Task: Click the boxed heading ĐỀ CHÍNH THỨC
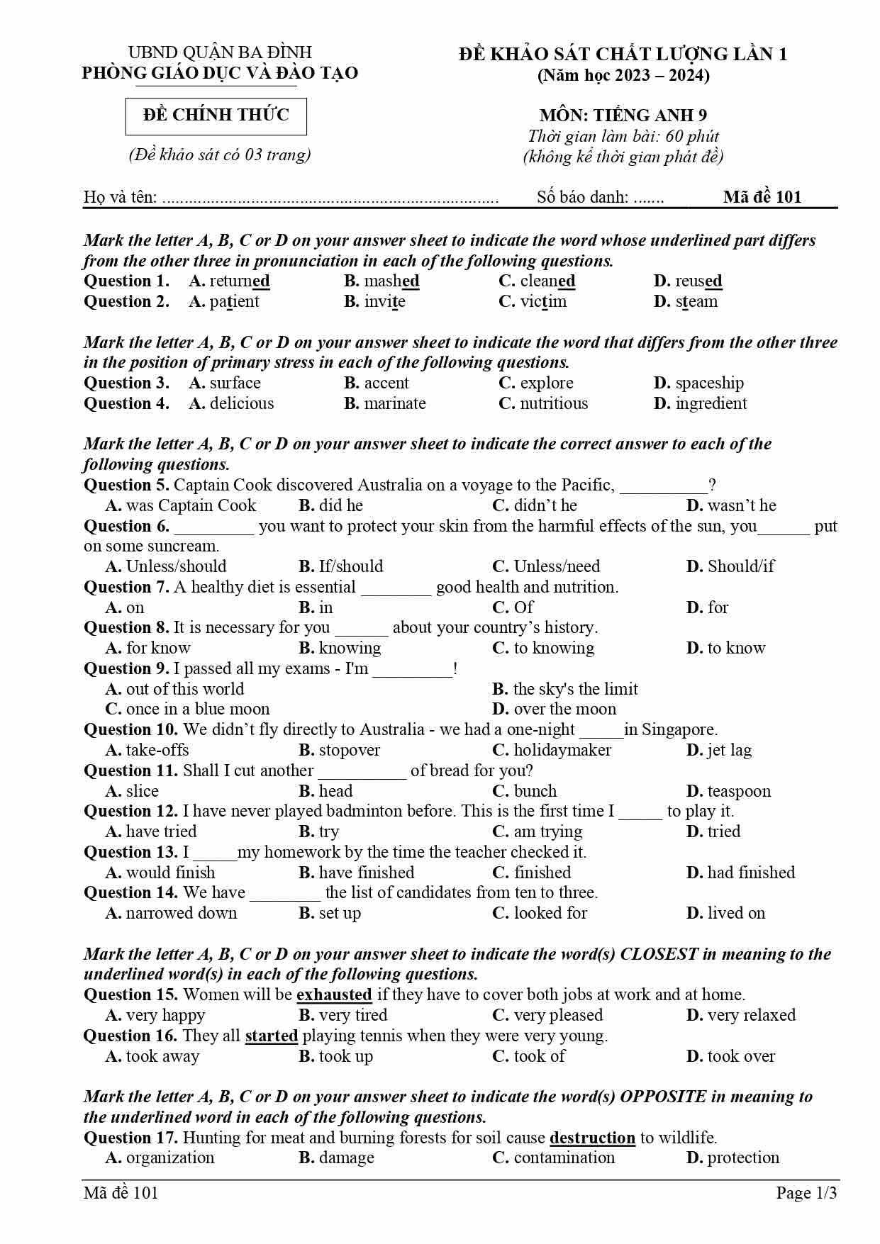[x=216, y=116]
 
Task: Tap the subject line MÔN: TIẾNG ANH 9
[x=623, y=116]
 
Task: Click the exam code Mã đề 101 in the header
[x=762, y=197]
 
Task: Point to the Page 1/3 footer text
[x=806, y=1193]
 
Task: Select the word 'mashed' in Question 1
[x=391, y=281]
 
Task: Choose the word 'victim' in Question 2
[x=543, y=302]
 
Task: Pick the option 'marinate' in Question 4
[x=394, y=404]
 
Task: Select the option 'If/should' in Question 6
[x=350, y=566]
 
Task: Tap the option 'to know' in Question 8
[x=736, y=648]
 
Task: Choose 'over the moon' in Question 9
[x=564, y=709]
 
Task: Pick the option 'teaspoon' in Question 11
[x=738, y=791]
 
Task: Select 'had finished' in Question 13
[x=751, y=873]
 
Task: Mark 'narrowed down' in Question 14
[x=181, y=913]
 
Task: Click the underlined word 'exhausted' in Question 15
[x=334, y=994]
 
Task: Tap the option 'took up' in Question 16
[x=345, y=1056]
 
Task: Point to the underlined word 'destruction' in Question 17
[x=592, y=1138]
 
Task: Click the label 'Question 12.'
[x=130, y=811]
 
